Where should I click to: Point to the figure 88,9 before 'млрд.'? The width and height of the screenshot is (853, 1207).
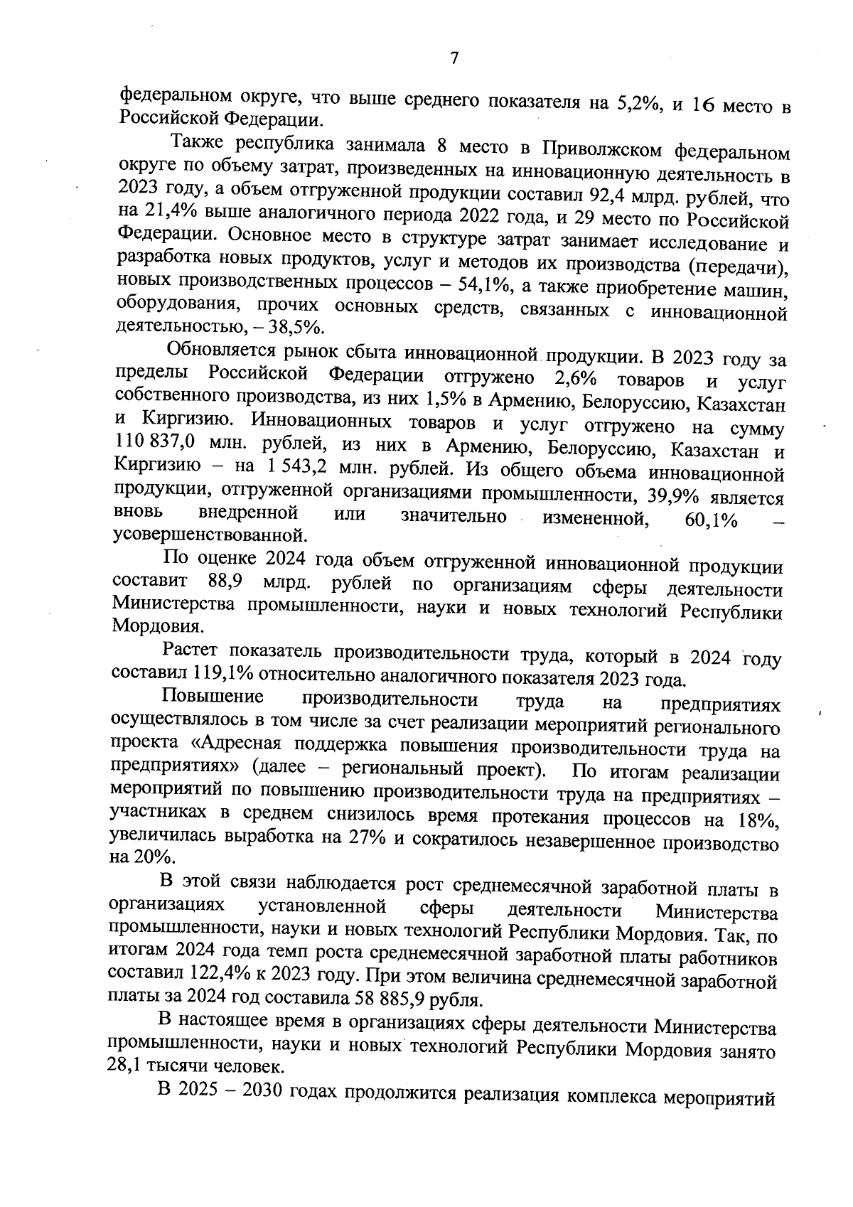pyautogui.click(x=226, y=582)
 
